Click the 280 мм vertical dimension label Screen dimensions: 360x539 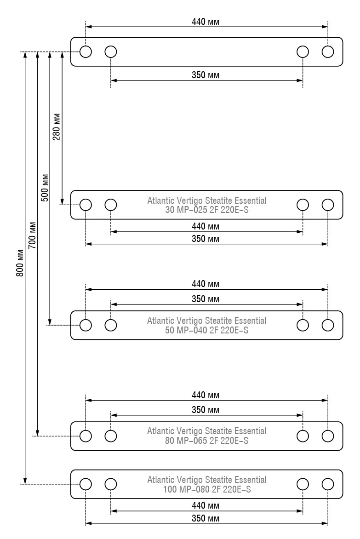tap(57, 127)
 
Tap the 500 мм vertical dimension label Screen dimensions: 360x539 tap(44, 188)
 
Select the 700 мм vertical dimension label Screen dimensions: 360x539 tap(32, 235)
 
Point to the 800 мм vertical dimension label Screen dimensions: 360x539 tap(20, 263)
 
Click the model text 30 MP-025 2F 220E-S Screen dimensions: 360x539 tap(207, 210)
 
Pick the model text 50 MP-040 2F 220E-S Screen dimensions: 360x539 tap(207, 330)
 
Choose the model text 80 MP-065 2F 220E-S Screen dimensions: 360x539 tap(207, 440)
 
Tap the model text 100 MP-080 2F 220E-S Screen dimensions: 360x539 tap(207, 489)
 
